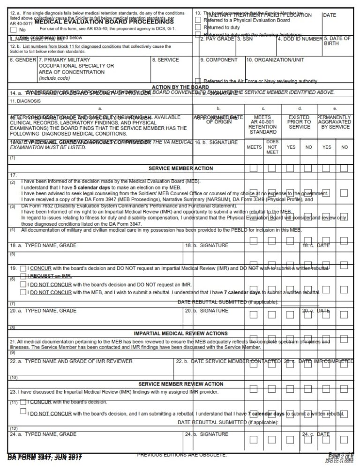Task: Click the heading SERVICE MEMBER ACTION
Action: [180, 168]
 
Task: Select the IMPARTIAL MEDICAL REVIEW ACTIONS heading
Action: [180, 333]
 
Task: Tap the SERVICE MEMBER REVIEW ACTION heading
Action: [180, 384]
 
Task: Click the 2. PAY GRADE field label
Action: [217, 39]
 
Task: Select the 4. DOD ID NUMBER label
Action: [300, 39]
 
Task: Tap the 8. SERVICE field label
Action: [165, 60]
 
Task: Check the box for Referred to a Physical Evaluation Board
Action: [198, 20]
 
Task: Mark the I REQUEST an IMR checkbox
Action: [23, 276]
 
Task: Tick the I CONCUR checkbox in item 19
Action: [23, 268]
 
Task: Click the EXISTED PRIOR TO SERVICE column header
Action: [299, 122]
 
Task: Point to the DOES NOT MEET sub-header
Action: [272, 146]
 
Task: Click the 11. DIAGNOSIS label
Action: [22, 101]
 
